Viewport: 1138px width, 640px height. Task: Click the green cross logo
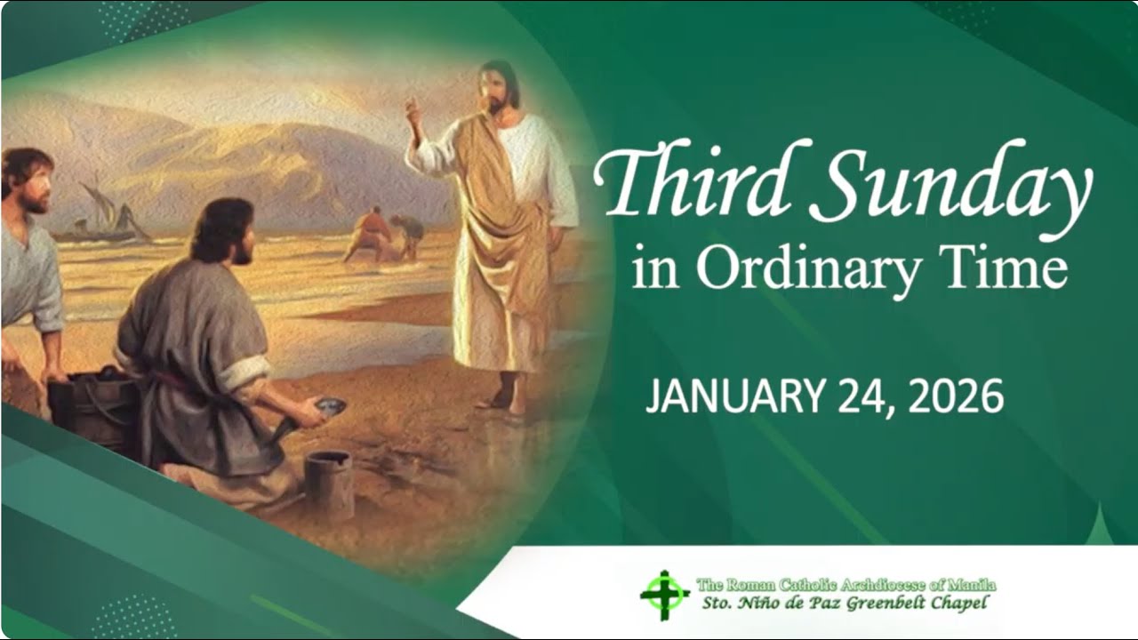coord(664,595)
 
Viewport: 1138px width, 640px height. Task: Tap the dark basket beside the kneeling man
coord(89,409)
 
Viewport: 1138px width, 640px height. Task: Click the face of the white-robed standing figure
coord(495,89)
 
